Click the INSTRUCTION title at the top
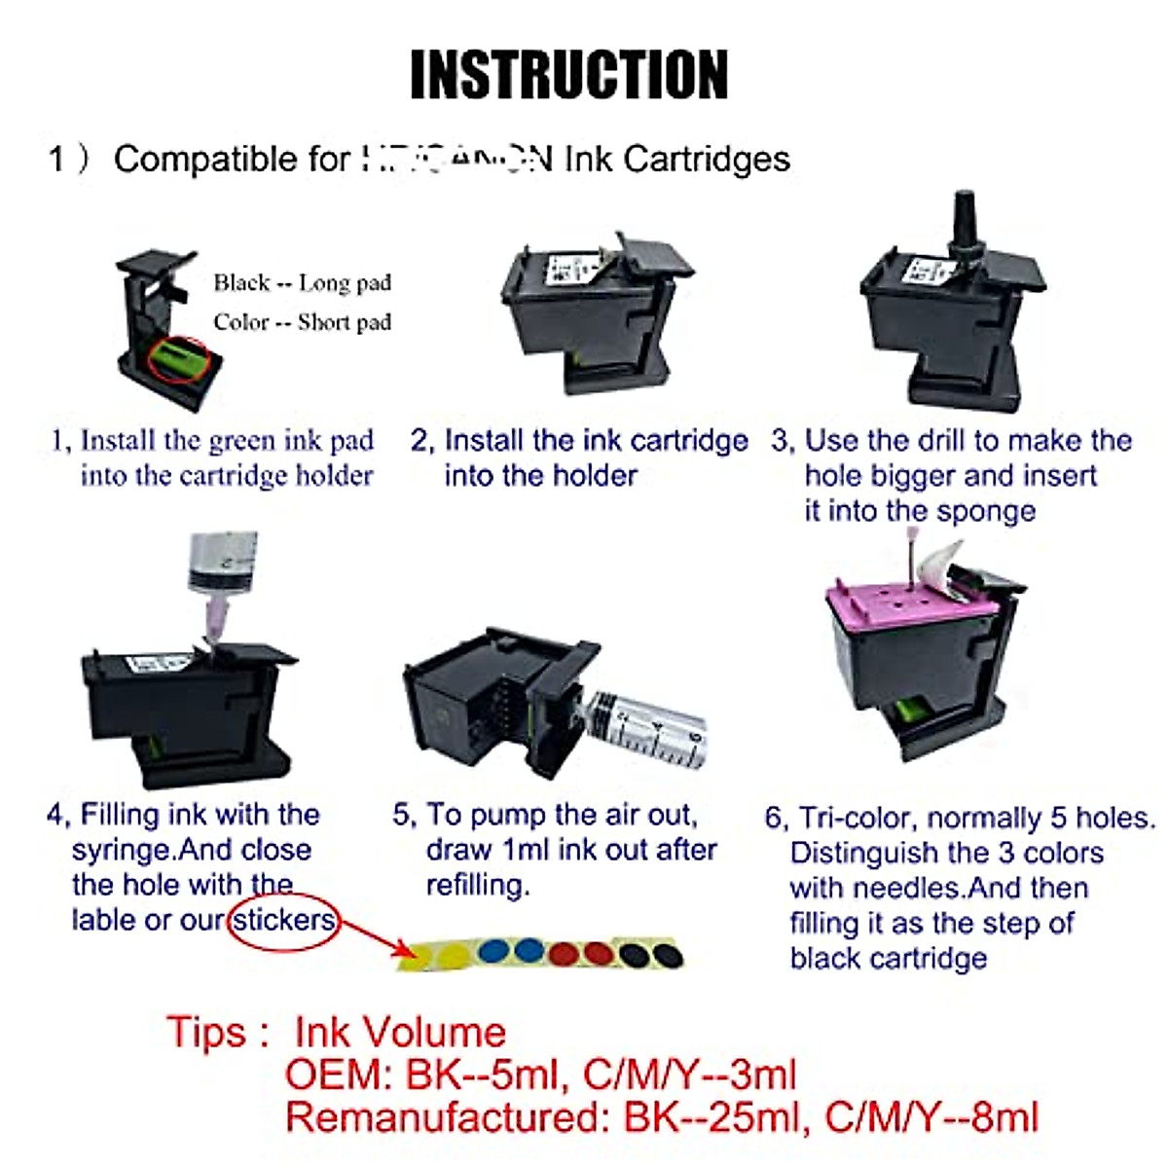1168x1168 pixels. coord(569,75)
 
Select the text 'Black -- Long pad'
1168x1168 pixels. coord(302,283)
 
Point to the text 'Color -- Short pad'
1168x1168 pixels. coord(302,322)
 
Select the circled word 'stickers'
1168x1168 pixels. coord(283,920)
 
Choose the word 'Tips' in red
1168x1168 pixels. coord(205,1032)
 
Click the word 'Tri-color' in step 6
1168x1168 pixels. coord(858,818)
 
